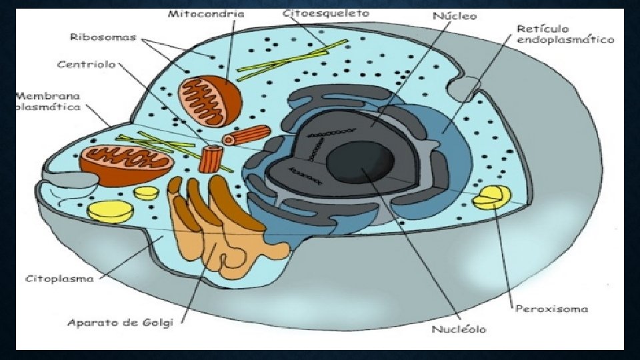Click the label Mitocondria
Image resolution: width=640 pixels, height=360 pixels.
[x=206, y=13]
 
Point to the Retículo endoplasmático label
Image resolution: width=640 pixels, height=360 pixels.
[x=565, y=35]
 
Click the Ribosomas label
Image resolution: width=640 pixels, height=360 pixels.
[x=103, y=37]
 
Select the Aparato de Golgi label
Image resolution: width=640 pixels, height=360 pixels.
[x=120, y=323]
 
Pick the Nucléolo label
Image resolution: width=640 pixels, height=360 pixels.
[x=459, y=329]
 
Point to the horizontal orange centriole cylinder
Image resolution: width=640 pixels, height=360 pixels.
[x=238, y=137]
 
